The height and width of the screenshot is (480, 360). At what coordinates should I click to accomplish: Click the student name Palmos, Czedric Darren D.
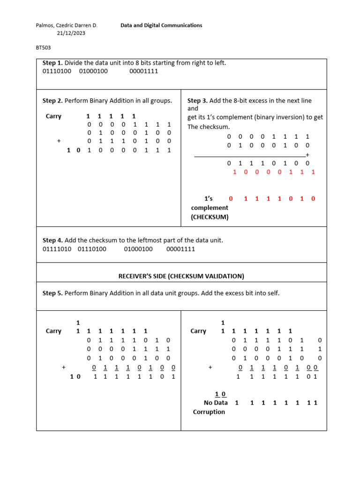pyautogui.click(x=67, y=25)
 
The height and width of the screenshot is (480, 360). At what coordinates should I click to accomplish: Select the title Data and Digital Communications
pyautogui.click(x=161, y=25)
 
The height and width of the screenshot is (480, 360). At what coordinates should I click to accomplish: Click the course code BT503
pyautogui.click(x=43, y=47)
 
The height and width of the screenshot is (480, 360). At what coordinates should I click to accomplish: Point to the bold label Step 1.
pyautogui.click(x=52, y=63)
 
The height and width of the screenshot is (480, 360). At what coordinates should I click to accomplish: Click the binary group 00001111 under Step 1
pyautogui.click(x=143, y=71)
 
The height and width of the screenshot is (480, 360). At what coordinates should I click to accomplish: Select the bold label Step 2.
pyautogui.click(x=52, y=101)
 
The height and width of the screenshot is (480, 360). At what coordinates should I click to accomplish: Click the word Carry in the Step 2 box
pyautogui.click(x=53, y=116)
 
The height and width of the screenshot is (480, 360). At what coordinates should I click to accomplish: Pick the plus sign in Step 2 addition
pyautogui.click(x=59, y=141)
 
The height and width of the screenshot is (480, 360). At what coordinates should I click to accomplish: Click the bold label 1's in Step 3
pyautogui.click(x=209, y=198)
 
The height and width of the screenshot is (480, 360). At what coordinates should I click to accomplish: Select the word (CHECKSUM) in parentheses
pyautogui.click(x=210, y=217)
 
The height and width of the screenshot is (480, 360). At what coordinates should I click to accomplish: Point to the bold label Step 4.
pyautogui.click(x=52, y=240)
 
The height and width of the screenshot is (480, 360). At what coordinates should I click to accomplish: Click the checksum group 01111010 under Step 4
pyautogui.click(x=57, y=249)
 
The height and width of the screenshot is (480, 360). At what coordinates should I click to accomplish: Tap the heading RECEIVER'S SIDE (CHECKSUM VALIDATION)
pyautogui.click(x=181, y=276)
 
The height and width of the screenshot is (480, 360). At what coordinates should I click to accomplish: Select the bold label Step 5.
pyautogui.click(x=52, y=293)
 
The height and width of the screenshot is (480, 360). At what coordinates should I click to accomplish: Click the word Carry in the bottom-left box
pyautogui.click(x=53, y=331)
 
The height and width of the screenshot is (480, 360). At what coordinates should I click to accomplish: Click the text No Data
pyautogui.click(x=216, y=403)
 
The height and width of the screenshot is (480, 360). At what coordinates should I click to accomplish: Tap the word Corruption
pyautogui.click(x=209, y=412)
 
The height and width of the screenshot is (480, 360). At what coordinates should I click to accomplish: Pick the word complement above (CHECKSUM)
pyautogui.click(x=210, y=208)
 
